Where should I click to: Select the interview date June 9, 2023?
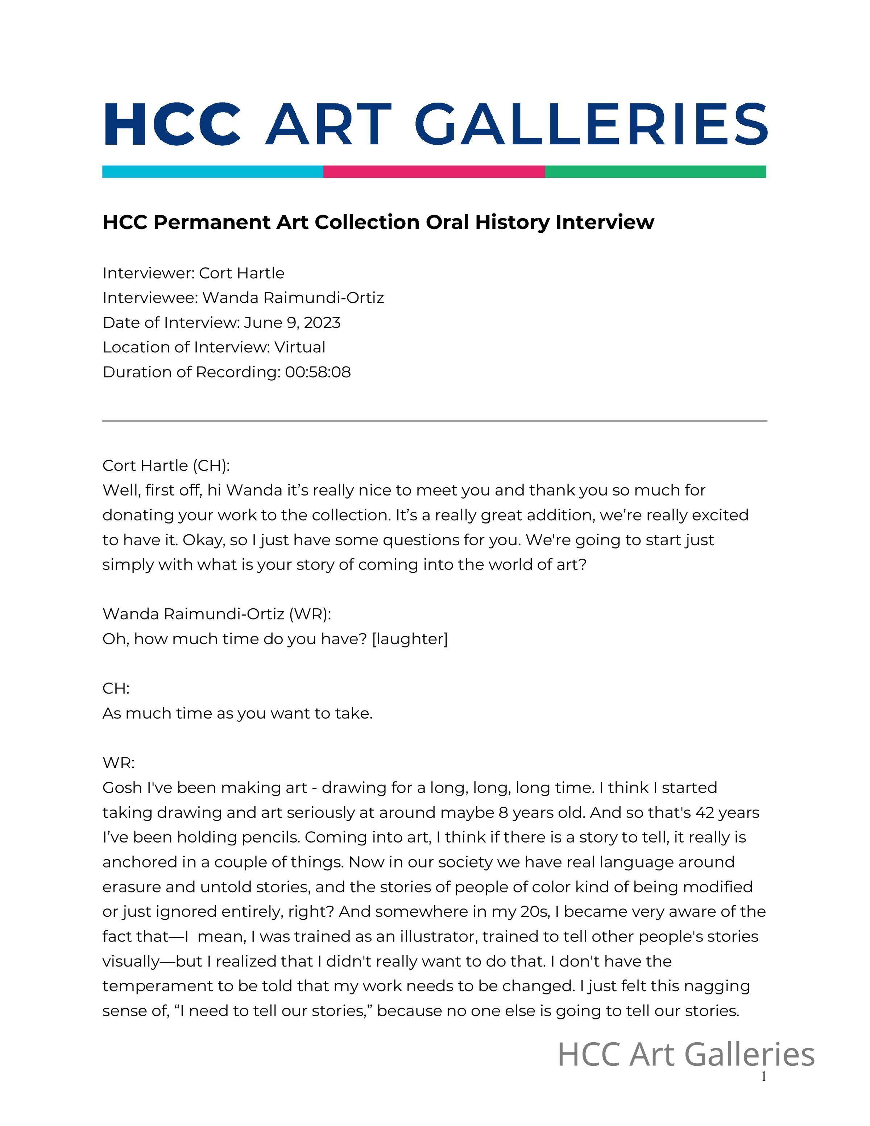click(292, 323)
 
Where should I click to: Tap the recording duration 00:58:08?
click(318, 372)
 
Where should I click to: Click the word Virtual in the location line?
click(299, 348)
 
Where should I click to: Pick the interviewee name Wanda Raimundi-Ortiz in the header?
click(293, 298)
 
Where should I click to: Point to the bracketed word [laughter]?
click(410, 639)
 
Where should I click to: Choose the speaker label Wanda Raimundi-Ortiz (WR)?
click(216, 614)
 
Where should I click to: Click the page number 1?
click(763, 1077)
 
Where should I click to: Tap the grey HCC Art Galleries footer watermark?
click(685, 1055)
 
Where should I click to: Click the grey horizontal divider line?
click(435, 421)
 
